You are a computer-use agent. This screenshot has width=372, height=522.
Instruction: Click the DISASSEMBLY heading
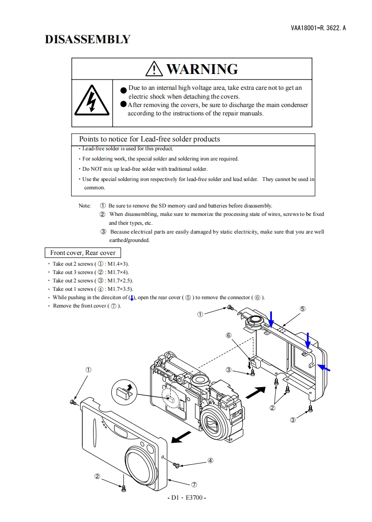(x=88, y=40)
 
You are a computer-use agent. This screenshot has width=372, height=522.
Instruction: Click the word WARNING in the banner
(x=202, y=69)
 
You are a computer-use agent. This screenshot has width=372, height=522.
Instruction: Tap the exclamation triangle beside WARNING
(x=154, y=69)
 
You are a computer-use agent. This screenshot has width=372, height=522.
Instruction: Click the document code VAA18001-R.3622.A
(x=318, y=28)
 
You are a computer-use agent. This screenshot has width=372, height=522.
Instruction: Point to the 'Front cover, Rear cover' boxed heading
(x=83, y=253)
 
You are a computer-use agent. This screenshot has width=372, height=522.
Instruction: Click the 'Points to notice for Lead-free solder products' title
(x=149, y=139)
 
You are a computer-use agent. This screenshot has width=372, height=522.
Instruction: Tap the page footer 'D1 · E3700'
(x=186, y=497)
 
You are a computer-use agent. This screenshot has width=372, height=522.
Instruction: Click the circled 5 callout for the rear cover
(x=302, y=308)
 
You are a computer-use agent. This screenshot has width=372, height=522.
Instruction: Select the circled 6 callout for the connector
(x=229, y=335)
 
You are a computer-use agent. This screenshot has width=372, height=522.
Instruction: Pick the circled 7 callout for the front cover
(x=194, y=484)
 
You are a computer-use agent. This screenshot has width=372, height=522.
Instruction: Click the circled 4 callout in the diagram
(x=210, y=461)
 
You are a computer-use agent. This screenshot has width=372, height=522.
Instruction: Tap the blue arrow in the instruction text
(x=132, y=298)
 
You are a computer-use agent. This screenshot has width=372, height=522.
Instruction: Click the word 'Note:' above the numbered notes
(x=85, y=206)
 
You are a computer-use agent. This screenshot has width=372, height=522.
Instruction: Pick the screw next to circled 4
(x=177, y=465)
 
